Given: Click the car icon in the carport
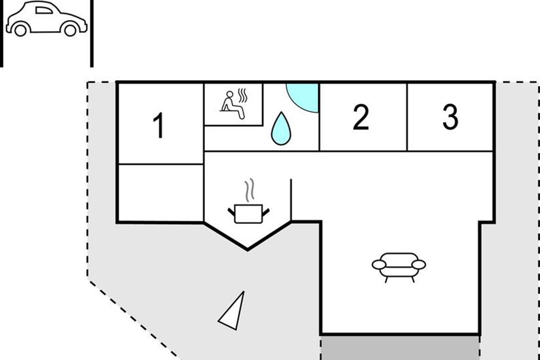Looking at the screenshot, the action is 46,18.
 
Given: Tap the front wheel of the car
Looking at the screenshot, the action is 70,30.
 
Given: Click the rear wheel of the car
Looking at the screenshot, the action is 21,30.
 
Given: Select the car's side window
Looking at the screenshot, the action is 44,10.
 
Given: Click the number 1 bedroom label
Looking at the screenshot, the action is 159,126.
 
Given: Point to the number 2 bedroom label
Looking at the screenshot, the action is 361,117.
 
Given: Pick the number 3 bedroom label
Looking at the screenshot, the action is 450,117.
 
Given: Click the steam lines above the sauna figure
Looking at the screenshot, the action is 243,96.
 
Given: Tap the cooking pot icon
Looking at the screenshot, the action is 248,214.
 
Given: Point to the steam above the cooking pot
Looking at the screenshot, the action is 249,190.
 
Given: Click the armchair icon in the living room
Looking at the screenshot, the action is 399,267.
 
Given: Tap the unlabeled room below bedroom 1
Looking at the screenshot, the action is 161,193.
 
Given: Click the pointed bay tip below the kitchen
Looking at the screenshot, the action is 247,250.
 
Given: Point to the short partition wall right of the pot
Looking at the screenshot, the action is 291,200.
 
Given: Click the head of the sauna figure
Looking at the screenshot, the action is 230,94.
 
